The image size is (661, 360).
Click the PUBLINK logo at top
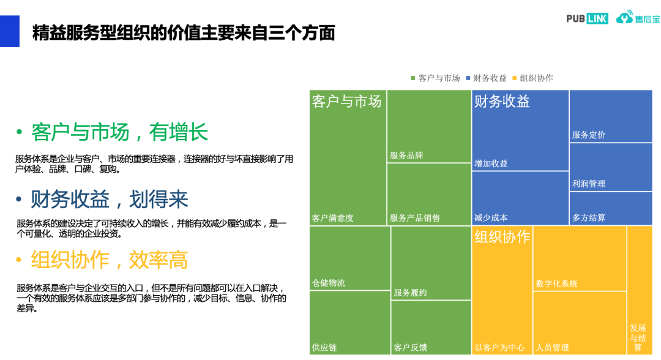coord(587,18)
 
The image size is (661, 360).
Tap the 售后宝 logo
coord(638,18)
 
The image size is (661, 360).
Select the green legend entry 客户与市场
coord(435,78)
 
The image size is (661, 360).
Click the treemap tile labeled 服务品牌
coord(428,126)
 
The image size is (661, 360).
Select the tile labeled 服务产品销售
coord(428,193)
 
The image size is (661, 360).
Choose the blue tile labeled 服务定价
coord(610,116)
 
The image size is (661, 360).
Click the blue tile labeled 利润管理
coord(610,167)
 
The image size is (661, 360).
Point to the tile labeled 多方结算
coord(610,208)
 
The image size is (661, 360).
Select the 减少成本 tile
coord(520,198)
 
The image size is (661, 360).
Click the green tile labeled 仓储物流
coord(349,258)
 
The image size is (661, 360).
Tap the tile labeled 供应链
coord(349,323)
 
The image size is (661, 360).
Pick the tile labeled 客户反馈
coord(431,328)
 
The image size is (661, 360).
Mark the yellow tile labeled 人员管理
coord(579,323)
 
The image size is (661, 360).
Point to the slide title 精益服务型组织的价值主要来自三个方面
coord(184,32)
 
